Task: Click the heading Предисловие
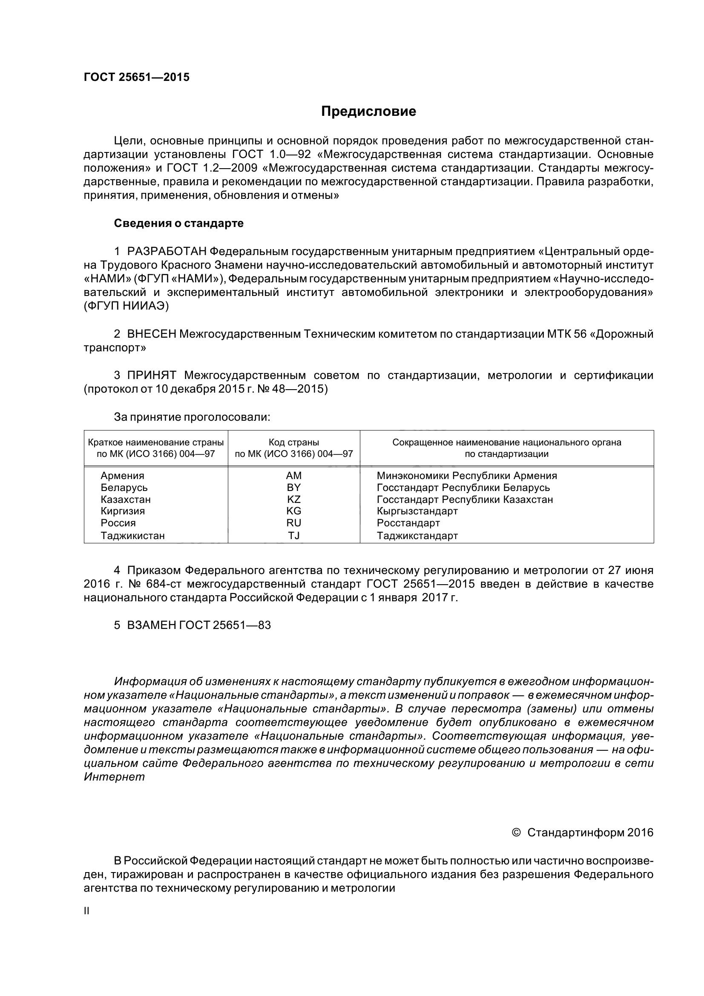368,112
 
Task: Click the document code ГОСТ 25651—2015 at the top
137,77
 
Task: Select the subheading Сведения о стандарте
179,224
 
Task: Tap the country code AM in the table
294,476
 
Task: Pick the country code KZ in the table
294,499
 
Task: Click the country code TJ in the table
294,535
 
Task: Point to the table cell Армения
122,476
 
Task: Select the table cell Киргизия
123,511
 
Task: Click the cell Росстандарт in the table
408,523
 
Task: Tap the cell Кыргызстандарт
417,511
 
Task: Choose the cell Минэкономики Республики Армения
467,476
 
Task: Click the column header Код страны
294,442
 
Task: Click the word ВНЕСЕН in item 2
152,333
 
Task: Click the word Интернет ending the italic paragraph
114,777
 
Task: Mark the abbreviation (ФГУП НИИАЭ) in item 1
126,306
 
